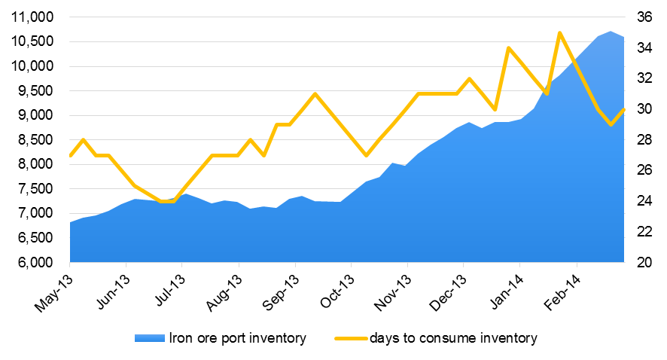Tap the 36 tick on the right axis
click(644, 17)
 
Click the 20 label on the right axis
click(644, 262)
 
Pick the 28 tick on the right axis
click(644, 140)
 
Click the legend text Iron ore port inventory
click(237, 339)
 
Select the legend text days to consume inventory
click(453, 339)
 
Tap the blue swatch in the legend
click(149, 339)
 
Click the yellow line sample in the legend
click(350, 339)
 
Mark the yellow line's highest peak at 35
click(559, 32)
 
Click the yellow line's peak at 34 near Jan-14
click(509, 48)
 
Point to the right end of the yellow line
click(624, 109)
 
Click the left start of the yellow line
click(70, 155)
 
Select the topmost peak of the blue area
click(611, 32)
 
